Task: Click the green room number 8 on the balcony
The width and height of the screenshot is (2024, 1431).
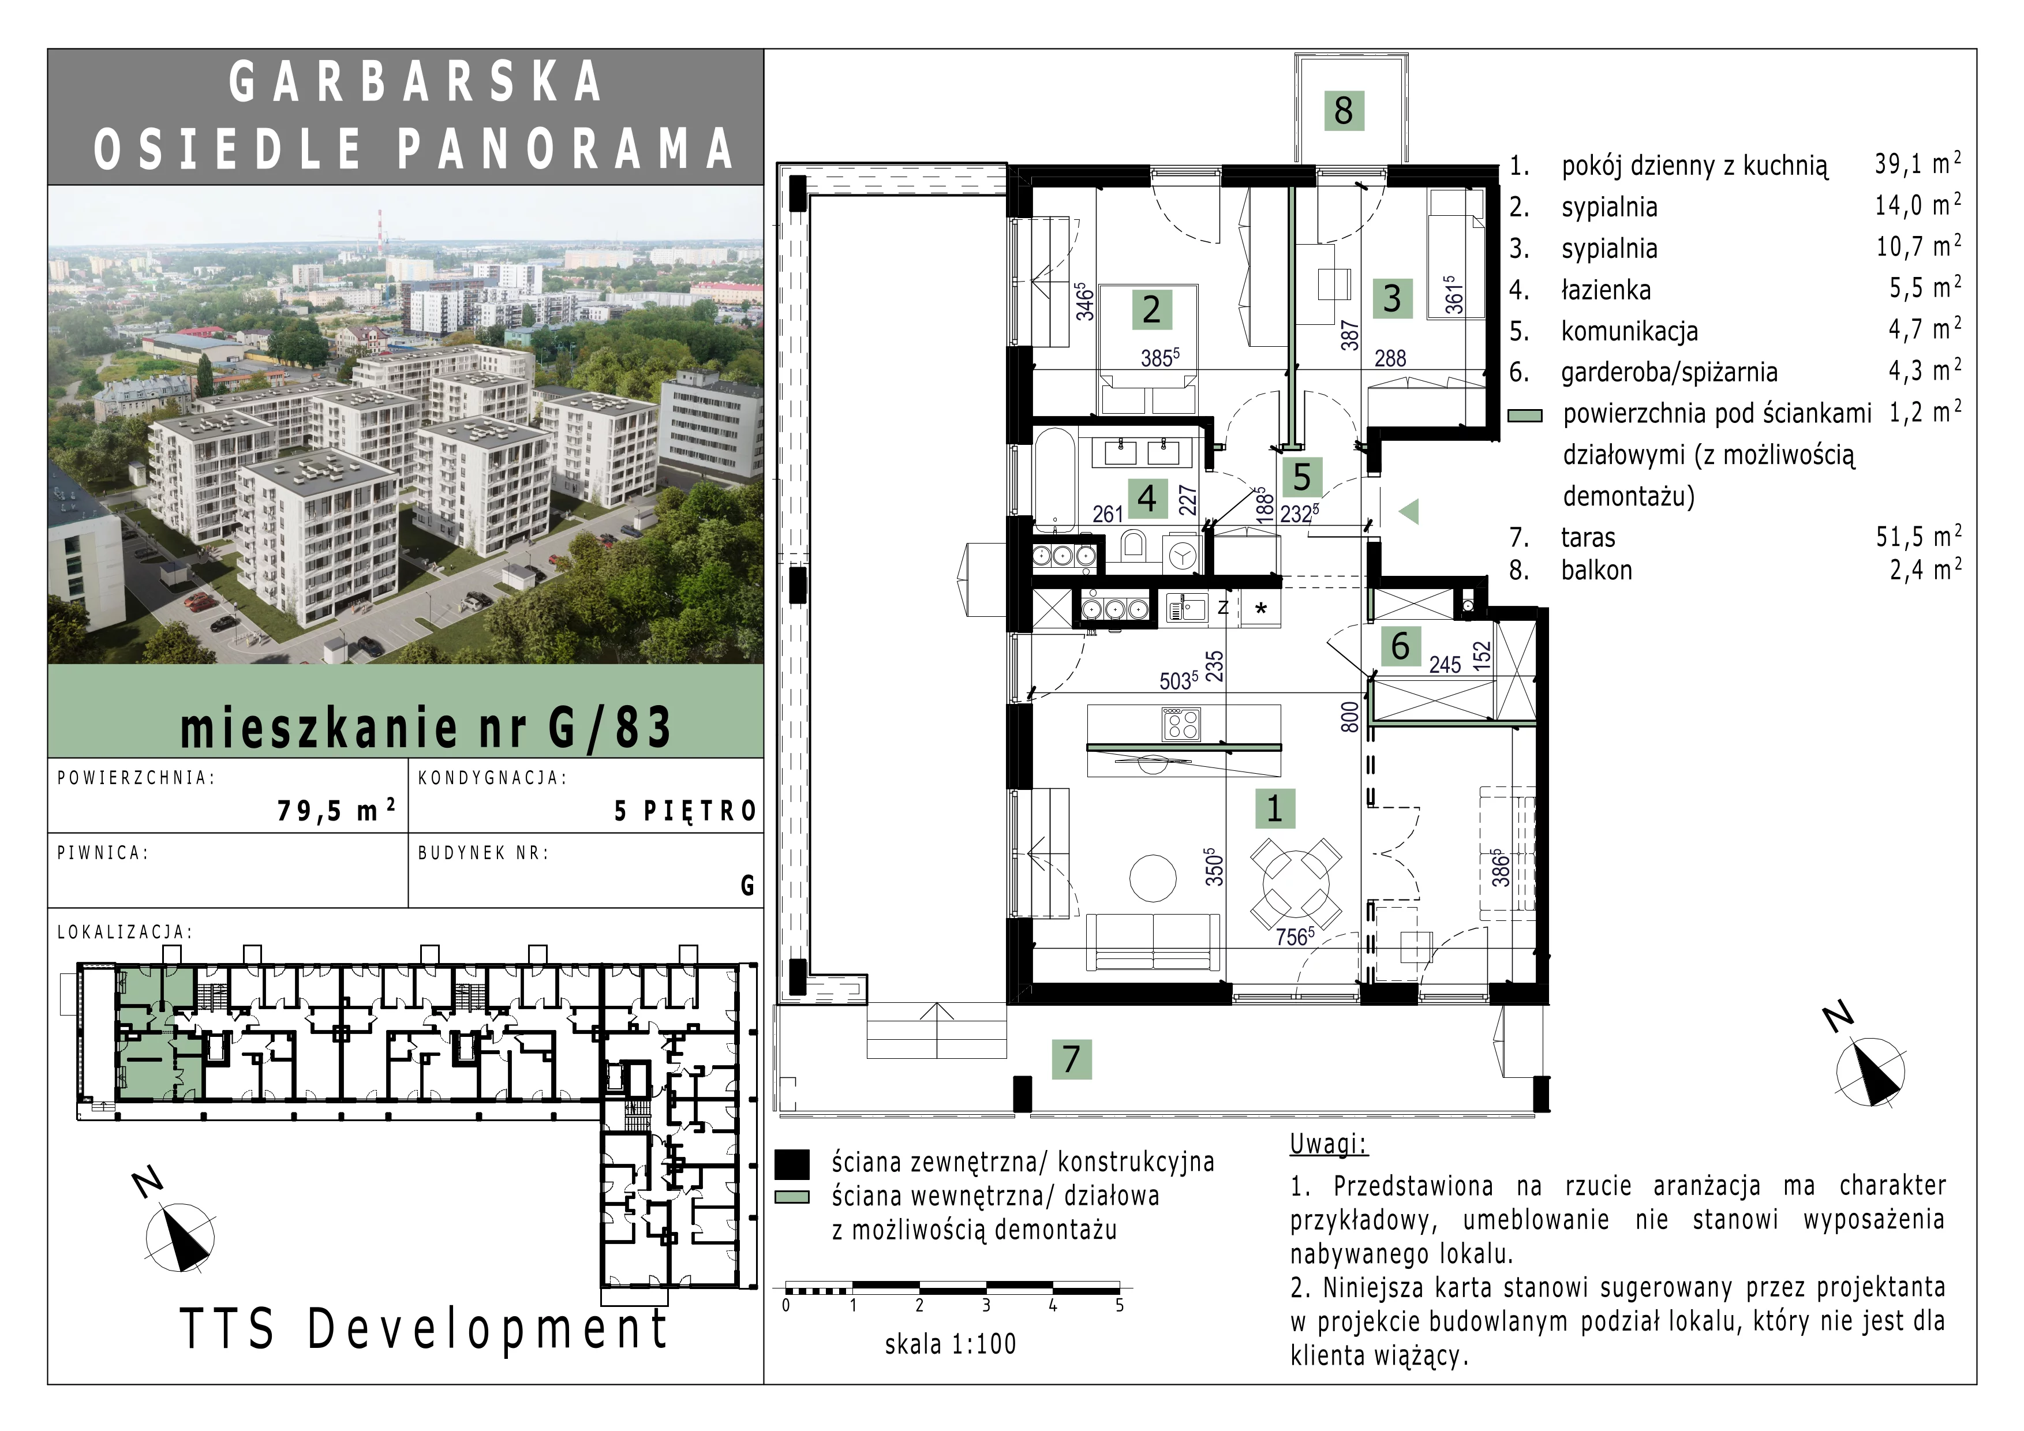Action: pyautogui.click(x=1344, y=111)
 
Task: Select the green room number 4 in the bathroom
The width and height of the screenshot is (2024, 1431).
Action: pyautogui.click(x=1147, y=499)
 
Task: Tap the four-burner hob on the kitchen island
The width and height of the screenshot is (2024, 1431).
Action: pyautogui.click(x=1181, y=724)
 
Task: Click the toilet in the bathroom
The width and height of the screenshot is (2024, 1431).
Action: pyautogui.click(x=1135, y=546)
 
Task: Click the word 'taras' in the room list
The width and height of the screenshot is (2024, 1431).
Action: pyautogui.click(x=1588, y=538)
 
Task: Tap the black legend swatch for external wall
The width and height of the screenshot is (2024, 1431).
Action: pyautogui.click(x=792, y=1164)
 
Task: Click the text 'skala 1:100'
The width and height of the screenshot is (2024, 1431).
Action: pyautogui.click(x=951, y=1344)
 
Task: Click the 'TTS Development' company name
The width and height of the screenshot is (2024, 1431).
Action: pyautogui.click(x=424, y=1329)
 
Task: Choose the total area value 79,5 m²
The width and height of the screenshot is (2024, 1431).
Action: pyautogui.click(x=336, y=810)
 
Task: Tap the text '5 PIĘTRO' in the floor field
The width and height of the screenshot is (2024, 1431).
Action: pyautogui.click(x=685, y=811)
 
